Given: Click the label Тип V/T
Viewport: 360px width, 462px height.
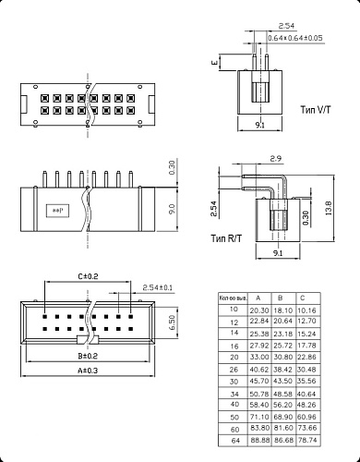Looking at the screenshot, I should (x=319, y=108).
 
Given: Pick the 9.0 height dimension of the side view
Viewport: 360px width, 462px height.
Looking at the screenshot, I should (x=171, y=210).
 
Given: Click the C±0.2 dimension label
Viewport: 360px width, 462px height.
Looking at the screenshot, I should (x=89, y=275).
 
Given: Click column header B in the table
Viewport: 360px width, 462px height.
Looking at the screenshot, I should (x=282, y=298).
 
